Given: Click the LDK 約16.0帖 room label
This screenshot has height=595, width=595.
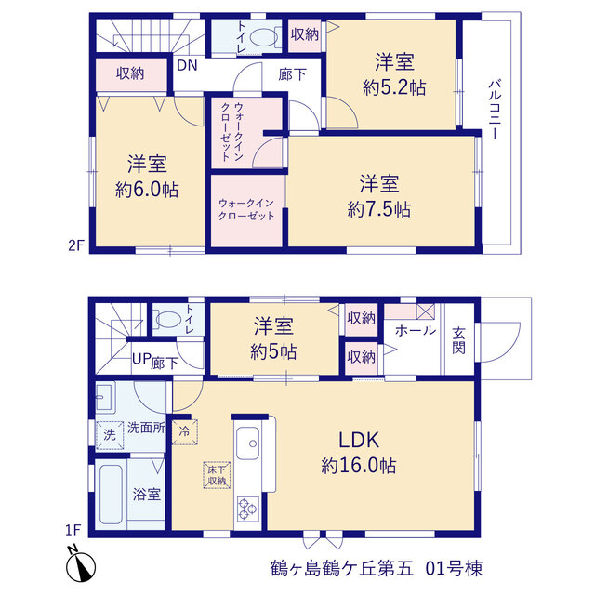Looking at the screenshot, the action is (x=359, y=453).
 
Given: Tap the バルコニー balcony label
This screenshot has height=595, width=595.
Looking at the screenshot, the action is (x=494, y=110).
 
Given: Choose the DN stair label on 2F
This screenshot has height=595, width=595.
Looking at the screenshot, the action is (x=187, y=65).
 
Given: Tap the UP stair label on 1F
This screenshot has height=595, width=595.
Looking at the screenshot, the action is (x=141, y=359).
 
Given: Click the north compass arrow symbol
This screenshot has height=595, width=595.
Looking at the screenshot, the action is (x=81, y=567).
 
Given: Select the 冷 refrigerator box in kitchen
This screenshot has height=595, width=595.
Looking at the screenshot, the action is (x=184, y=431).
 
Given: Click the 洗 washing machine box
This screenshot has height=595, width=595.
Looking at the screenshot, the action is (x=110, y=435).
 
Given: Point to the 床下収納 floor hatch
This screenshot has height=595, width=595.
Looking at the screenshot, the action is (x=217, y=475).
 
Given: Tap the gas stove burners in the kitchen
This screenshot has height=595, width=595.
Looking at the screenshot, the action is (x=248, y=509).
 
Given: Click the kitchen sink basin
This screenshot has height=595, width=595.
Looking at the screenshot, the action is (x=248, y=443).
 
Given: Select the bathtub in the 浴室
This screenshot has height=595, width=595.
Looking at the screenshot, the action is (x=111, y=494).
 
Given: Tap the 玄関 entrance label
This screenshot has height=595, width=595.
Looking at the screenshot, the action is (x=458, y=340).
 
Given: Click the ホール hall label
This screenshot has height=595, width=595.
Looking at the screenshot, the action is (x=416, y=331).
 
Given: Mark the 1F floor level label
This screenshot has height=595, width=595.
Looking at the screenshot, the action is (x=73, y=530).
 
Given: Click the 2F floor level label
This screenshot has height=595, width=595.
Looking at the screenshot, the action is (x=75, y=245).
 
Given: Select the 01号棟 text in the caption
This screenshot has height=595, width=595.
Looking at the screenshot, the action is (x=455, y=568).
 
